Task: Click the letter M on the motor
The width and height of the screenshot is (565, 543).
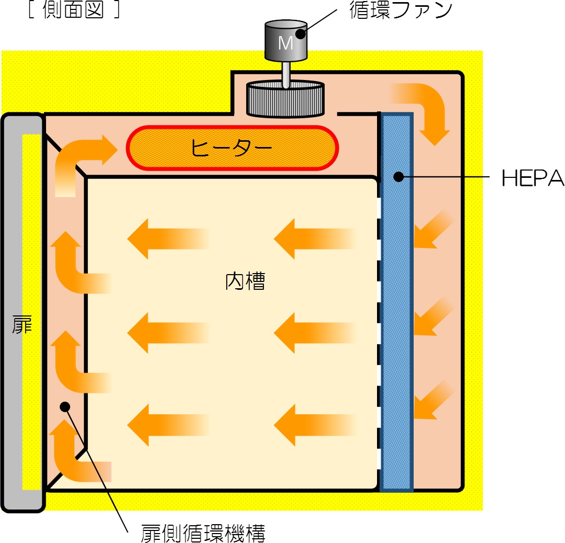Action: coord(285,43)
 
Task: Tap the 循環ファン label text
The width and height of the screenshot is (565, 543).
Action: coord(401,10)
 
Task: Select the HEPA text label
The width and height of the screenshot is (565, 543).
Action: coord(533,178)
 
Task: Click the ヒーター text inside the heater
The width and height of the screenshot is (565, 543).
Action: coord(231,148)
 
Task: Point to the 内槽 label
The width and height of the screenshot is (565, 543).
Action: coord(245,281)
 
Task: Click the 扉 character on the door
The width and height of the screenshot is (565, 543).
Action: coord(22,324)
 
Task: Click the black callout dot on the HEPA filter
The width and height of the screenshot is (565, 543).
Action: coord(398,177)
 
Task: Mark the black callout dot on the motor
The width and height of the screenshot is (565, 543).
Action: coord(301,34)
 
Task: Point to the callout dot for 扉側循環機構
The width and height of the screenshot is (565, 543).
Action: coord(65,407)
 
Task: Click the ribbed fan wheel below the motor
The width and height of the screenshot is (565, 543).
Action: coord(285,99)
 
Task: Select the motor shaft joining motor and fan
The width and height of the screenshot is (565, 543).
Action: coord(286,74)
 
